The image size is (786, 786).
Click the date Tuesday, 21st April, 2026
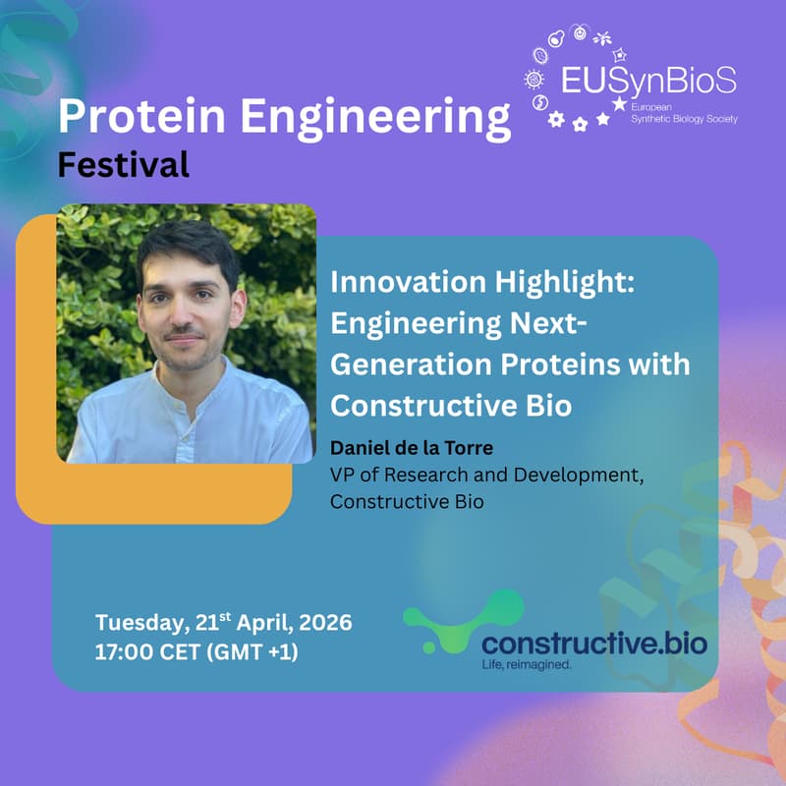tap(223, 623)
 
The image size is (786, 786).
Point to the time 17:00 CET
tap(157, 649)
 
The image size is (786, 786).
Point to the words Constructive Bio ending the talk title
tap(451, 404)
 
